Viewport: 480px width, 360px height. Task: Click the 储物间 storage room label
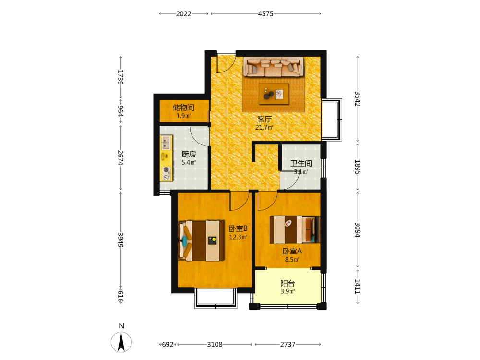(183, 108)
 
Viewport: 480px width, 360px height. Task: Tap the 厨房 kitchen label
(189, 154)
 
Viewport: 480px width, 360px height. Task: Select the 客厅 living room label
(264, 119)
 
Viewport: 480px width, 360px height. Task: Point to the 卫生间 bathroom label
(301, 164)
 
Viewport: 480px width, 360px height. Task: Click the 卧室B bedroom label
(238, 228)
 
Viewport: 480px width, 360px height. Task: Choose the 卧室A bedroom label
(292, 252)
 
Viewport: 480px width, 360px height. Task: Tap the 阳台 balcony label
(288, 283)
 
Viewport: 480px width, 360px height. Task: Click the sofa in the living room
(274, 67)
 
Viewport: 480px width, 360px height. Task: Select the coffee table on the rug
(274, 94)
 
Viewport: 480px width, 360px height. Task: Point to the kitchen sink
(166, 143)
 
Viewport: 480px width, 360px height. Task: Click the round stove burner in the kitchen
(166, 169)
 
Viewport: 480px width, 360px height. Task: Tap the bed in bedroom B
(201, 240)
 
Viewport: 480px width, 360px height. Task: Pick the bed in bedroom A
(295, 229)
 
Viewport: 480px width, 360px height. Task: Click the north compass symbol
(121, 342)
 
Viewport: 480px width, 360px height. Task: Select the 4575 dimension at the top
(265, 14)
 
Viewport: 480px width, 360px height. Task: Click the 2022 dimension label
(183, 14)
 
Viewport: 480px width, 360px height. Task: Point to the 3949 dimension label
(120, 240)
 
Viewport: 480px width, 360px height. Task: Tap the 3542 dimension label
(357, 98)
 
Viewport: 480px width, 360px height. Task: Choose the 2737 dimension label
(288, 344)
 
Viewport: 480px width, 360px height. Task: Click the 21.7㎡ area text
(264, 127)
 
